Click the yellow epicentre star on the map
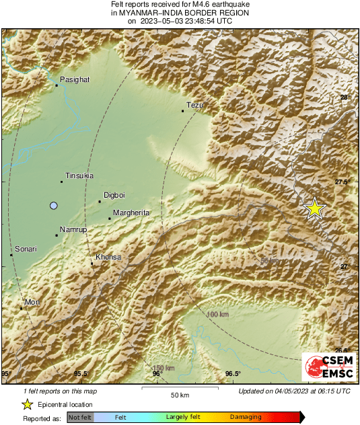(314, 208)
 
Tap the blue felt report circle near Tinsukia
(54, 205)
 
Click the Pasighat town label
(75, 79)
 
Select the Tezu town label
(194, 105)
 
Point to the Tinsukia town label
(79, 176)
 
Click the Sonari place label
(26, 249)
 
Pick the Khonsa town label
(108, 258)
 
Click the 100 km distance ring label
(217, 315)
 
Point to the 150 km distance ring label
(163, 368)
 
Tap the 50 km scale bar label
(178, 395)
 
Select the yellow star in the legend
(27, 404)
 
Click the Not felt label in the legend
(80, 418)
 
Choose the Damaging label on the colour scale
(246, 418)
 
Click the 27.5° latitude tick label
(345, 182)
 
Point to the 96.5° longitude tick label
(233, 374)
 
